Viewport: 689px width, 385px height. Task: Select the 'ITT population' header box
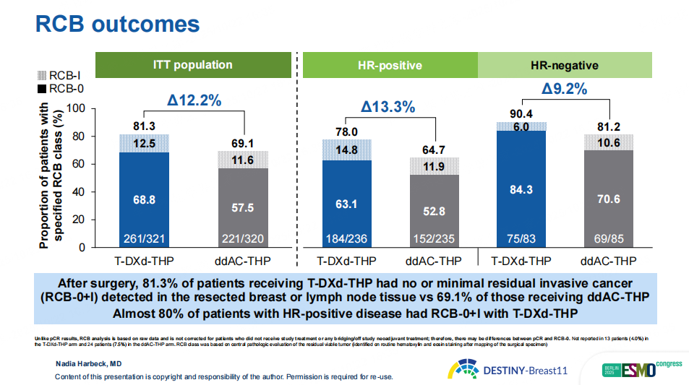pos(192,65)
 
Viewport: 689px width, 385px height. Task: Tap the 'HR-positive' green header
pos(390,66)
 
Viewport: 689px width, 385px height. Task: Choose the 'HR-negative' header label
pos(565,66)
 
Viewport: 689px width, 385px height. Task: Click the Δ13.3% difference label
pos(388,107)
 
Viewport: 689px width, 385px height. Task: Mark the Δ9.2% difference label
pos(564,90)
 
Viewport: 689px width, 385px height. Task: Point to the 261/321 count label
pos(143,239)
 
